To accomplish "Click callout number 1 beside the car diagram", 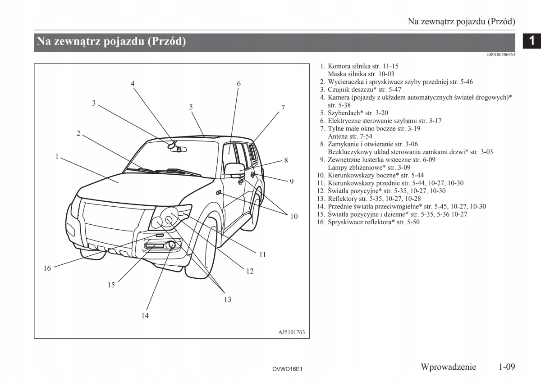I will coord(57,157).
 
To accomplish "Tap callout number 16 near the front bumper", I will coord(47,268).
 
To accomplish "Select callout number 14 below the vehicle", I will coord(145,315).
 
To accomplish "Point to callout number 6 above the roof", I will coord(239,83).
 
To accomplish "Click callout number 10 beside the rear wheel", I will coord(294,216).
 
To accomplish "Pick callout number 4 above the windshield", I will coord(133,83).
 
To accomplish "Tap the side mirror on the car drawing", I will coord(234,170).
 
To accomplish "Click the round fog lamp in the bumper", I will coord(171,245).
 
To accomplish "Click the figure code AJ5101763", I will coord(292,333).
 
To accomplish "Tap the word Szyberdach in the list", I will coord(344,113).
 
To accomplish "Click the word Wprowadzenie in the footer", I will coord(448,367).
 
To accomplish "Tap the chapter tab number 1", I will coord(532,41).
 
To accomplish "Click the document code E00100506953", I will coord(501,54).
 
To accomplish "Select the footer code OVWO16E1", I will coord(287,369).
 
